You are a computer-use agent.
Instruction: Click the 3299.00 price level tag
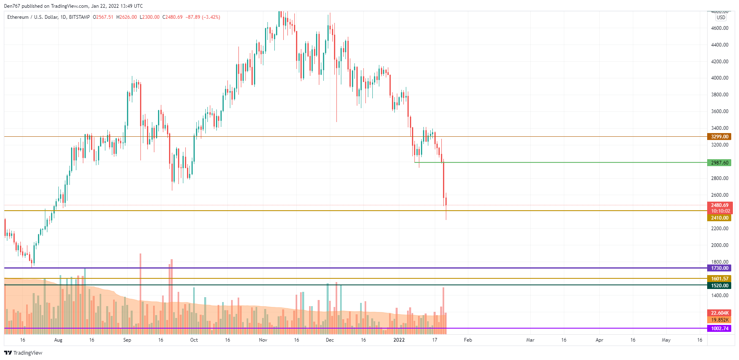[x=719, y=137]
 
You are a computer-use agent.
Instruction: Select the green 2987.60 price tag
[x=719, y=163]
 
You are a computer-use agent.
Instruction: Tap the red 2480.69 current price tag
[x=719, y=205]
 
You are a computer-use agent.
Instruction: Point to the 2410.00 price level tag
[x=719, y=218]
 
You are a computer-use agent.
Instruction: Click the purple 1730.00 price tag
[x=719, y=268]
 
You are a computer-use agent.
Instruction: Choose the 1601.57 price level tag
[x=719, y=279]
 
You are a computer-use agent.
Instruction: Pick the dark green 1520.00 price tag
[x=719, y=286]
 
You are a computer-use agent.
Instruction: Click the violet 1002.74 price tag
[x=719, y=329]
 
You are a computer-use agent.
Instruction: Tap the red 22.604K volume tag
[x=719, y=313]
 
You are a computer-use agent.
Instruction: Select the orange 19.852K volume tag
[x=719, y=320]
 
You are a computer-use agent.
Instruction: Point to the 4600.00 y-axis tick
[x=719, y=28]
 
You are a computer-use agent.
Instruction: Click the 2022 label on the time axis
[x=399, y=340]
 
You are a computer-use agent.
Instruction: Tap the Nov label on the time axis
[x=263, y=340]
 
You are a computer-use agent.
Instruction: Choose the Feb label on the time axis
[x=468, y=340]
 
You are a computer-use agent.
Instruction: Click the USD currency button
[x=721, y=18]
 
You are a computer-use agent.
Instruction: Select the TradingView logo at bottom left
[x=23, y=353]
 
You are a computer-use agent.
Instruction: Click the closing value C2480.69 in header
[x=172, y=17]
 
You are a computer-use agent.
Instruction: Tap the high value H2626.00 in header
[x=127, y=17]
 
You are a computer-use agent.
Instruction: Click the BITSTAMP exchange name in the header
[x=79, y=17]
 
